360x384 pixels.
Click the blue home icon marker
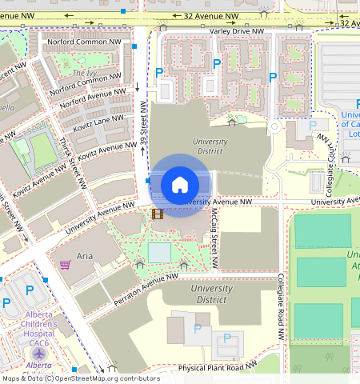[x=180, y=185]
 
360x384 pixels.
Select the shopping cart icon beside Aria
[x=65, y=264]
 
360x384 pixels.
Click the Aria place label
[x=85, y=257]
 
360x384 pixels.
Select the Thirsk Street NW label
[x=72, y=160]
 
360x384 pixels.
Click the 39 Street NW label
[x=143, y=125]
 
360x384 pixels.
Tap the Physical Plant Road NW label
[x=217, y=367]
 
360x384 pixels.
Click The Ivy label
[x=84, y=73]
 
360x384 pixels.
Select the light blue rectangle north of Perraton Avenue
[x=159, y=253]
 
